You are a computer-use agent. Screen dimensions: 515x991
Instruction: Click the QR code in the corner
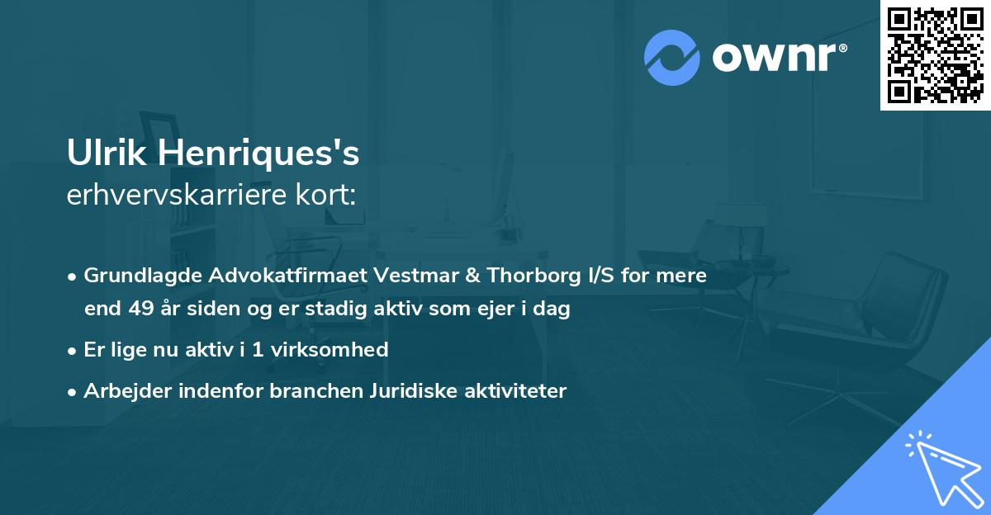935,54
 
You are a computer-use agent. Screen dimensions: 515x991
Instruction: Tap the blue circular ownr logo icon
672,58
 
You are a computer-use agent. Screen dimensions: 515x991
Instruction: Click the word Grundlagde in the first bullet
135,276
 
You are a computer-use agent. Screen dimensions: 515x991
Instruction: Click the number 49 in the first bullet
138,309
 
